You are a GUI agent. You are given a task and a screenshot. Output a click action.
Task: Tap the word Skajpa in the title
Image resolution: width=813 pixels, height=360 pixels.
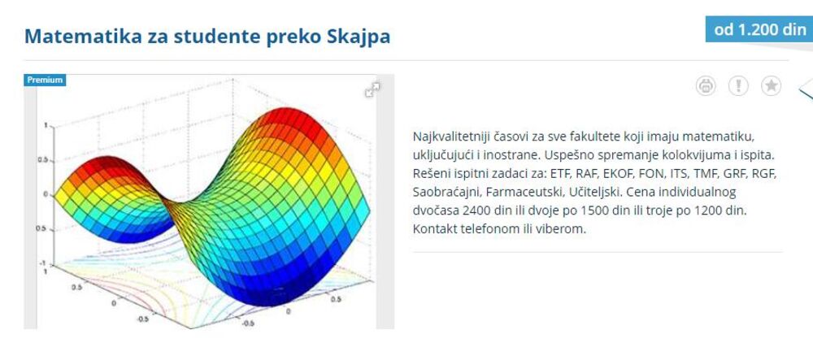[354, 37]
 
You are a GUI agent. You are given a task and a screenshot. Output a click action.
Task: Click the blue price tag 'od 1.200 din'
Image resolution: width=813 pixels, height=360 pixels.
[759, 30]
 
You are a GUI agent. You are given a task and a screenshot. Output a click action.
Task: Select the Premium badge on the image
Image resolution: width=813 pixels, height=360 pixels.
[46, 80]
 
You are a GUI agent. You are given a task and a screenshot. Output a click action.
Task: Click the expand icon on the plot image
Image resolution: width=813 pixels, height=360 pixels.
[373, 90]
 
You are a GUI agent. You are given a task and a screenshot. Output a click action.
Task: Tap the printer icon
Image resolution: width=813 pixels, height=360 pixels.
[706, 85]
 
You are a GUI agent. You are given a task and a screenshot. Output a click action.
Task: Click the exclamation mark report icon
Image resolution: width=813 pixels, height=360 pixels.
[738, 85]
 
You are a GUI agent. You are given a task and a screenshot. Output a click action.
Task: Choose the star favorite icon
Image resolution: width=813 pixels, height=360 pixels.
[771, 85]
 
